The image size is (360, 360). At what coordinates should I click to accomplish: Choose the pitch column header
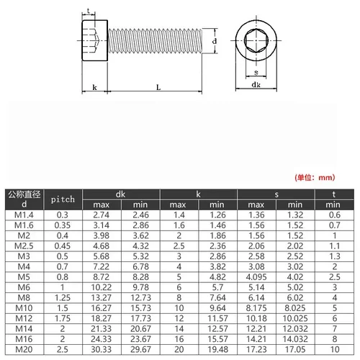[x=63, y=198]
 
